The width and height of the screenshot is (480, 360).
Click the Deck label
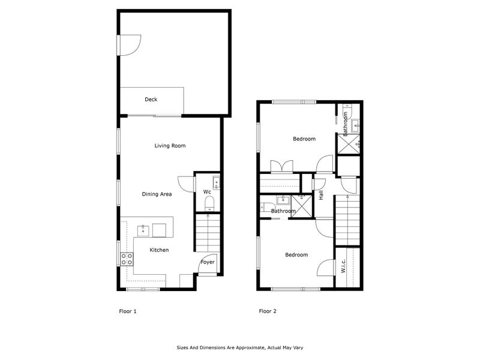click(151, 100)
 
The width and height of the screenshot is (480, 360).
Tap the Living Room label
click(170, 146)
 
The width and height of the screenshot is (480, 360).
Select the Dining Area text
click(157, 194)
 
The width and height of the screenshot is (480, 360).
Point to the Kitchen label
click(159, 250)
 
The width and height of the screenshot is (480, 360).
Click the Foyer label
click(208, 262)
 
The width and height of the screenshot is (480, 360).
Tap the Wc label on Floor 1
click(207, 192)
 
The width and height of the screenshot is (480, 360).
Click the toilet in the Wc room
click(209, 203)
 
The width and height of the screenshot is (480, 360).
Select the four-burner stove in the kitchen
click(127, 259)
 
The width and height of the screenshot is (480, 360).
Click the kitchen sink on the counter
click(143, 230)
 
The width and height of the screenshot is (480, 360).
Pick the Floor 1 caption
click(128, 311)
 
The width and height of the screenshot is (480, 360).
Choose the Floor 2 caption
click(268, 311)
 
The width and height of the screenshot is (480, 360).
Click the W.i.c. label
click(343, 266)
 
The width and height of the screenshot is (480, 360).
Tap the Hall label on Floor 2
click(321, 195)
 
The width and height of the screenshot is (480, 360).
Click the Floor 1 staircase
click(208, 233)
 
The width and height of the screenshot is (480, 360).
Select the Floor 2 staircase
click(348, 220)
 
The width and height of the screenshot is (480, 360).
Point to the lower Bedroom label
click(296, 255)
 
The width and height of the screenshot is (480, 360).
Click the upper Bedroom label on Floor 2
click(304, 139)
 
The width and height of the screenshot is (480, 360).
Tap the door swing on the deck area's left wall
click(130, 46)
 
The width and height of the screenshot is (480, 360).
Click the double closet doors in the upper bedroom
click(281, 166)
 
